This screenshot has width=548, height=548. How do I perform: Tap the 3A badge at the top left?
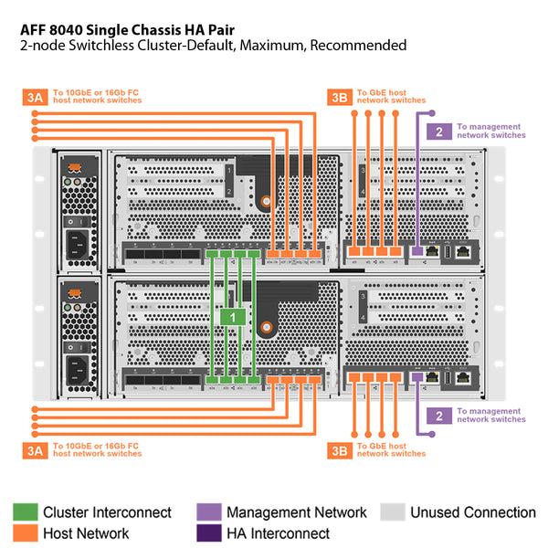click(x=34, y=96)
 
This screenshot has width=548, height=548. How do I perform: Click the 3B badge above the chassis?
click(x=339, y=96)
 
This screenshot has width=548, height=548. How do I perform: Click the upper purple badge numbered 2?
click(x=439, y=132)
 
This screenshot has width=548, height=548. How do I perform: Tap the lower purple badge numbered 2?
click(x=439, y=416)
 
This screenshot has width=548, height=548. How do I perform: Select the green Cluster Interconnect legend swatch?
click(x=25, y=512)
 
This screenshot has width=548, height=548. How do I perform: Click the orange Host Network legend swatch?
click(x=25, y=533)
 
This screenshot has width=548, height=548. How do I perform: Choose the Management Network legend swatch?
click(x=208, y=512)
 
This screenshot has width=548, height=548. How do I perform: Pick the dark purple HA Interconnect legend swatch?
click(x=208, y=533)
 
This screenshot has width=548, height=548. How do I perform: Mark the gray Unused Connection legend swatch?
click(x=392, y=512)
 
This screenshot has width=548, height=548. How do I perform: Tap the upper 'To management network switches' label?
click(x=491, y=131)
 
